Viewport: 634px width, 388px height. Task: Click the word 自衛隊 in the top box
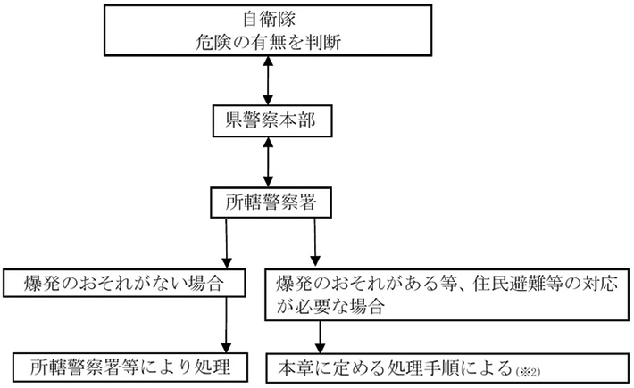click(264, 18)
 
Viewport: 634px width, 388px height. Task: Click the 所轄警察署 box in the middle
click(265, 202)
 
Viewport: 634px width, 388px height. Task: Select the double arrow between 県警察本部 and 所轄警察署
click(265, 161)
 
